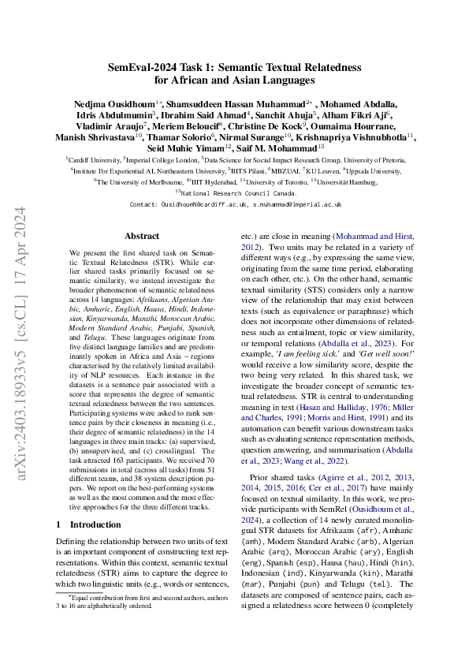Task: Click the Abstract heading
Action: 142,236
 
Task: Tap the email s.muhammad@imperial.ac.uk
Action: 296,203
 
